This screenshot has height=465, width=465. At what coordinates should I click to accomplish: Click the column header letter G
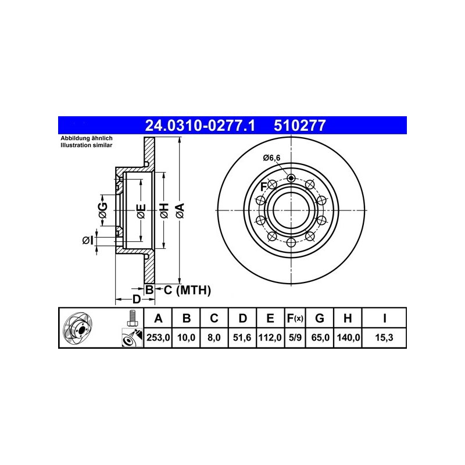click(319, 318)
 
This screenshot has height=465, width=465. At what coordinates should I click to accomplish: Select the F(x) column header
click(295, 318)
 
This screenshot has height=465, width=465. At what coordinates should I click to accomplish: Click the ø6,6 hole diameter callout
click(271, 157)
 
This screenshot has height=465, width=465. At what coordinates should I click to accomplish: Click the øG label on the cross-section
click(102, 210)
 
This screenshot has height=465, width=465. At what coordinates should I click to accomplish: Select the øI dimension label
click(87, 239)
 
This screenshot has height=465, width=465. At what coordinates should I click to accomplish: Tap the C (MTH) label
click(186, 289)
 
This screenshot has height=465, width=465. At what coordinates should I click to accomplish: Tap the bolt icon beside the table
click(132, 318)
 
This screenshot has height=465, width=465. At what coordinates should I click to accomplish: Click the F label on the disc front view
click(263, 186)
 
